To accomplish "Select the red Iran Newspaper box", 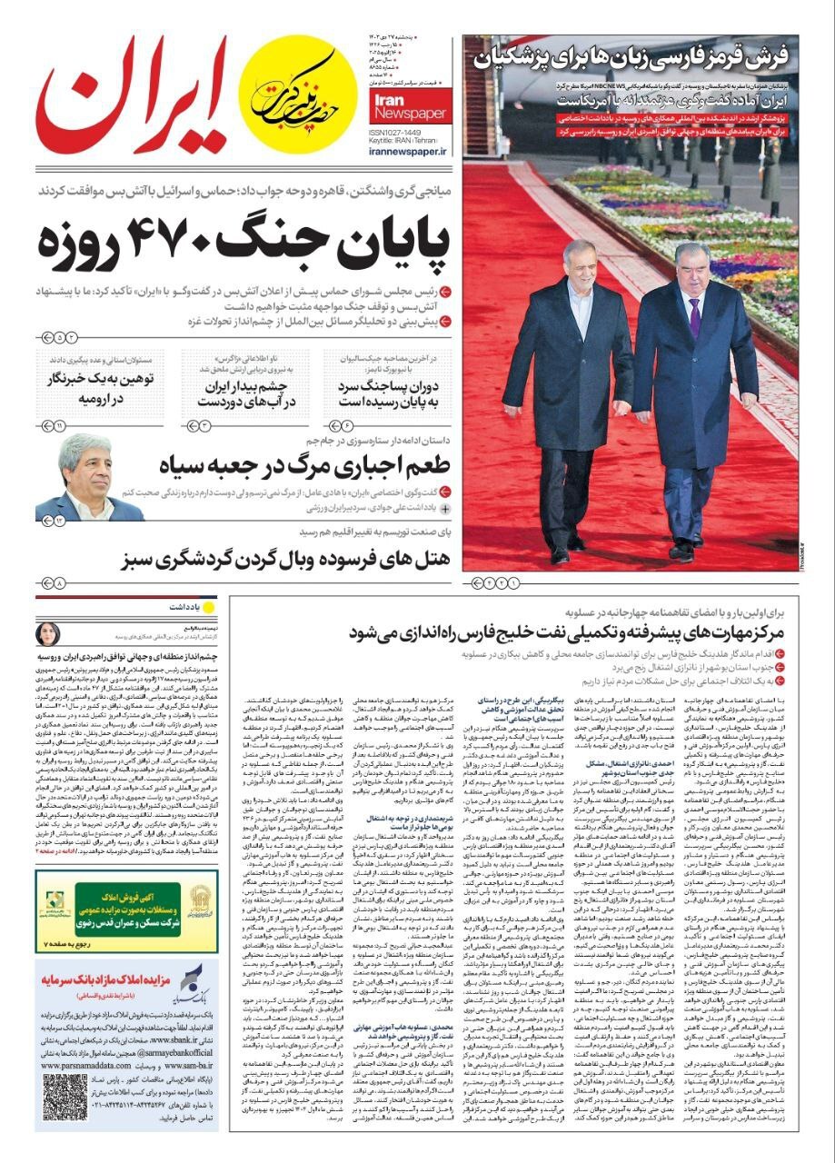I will [x=409, y=105].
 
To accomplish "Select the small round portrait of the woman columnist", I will [x=48, y=633].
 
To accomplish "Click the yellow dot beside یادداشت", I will [x=208, y=607].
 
